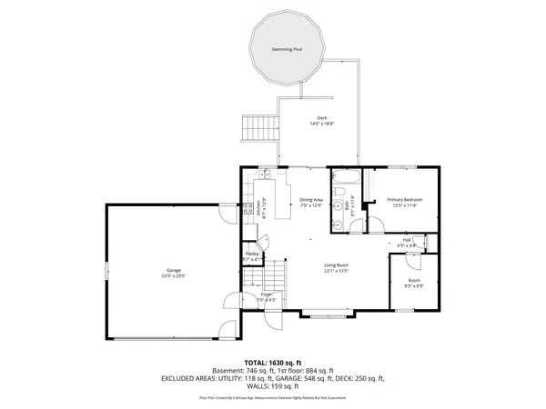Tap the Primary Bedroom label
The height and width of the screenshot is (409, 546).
coord(404,199)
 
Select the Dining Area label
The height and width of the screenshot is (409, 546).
coord(312,199)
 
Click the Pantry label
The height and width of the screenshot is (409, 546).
coord(251,254)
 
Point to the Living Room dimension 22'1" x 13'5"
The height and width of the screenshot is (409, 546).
coord(338,271)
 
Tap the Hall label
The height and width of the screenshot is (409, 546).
coord(409,240)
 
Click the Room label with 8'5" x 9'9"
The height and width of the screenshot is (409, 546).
coord(414,281)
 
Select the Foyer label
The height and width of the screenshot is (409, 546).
coord(267,294)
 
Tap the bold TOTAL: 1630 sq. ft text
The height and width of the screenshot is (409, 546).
coord(272,362)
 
